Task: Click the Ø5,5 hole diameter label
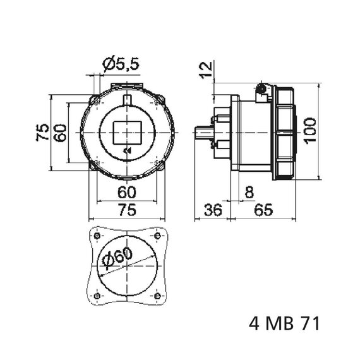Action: click(121, 64)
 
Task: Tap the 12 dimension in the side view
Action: click(206, 70)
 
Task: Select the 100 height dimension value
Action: click(309, 131)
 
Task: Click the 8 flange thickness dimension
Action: click(249, 192)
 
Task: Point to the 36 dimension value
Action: click(213, 210)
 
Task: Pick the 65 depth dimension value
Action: click(263, 210)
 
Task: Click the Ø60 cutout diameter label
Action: click(117, 258)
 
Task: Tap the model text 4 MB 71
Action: click(284, 324)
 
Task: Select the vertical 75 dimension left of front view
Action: click(43, 132)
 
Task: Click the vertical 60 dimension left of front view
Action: click(60, 133)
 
